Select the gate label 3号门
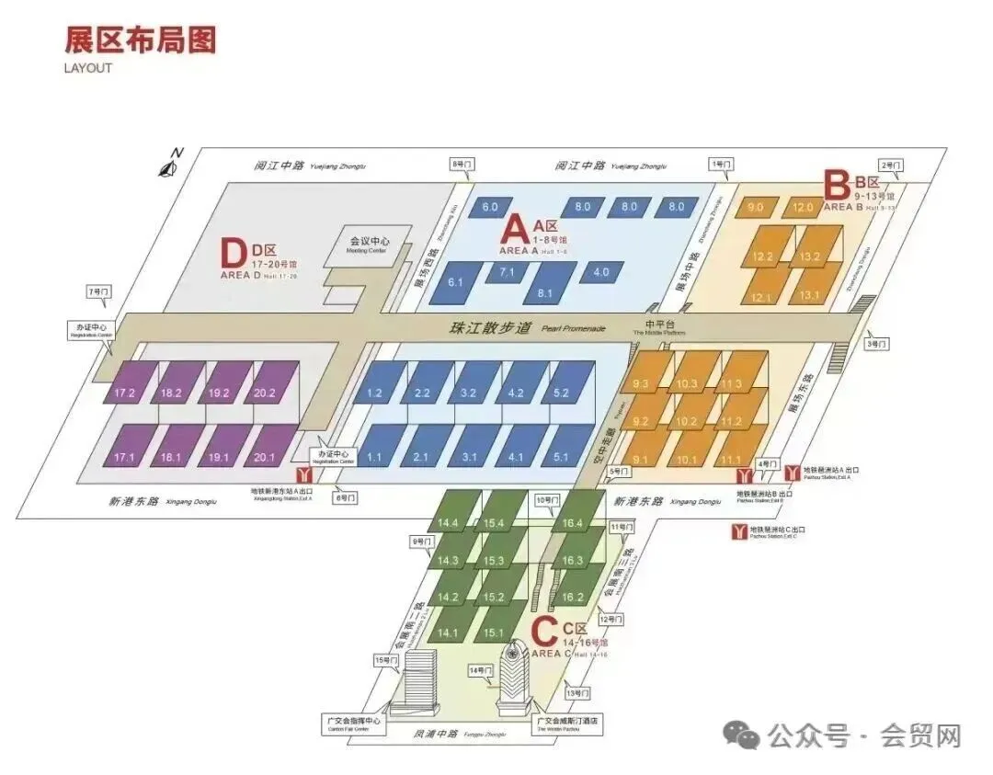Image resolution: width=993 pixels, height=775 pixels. [876, 344]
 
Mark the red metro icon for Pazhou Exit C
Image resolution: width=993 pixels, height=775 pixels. [737, 531]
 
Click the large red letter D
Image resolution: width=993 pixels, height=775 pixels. [234, 254]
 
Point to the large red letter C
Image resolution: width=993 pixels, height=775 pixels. [545, 632]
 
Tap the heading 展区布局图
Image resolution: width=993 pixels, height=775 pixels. [140, 40]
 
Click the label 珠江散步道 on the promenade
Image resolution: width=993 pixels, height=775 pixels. [490, 327]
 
